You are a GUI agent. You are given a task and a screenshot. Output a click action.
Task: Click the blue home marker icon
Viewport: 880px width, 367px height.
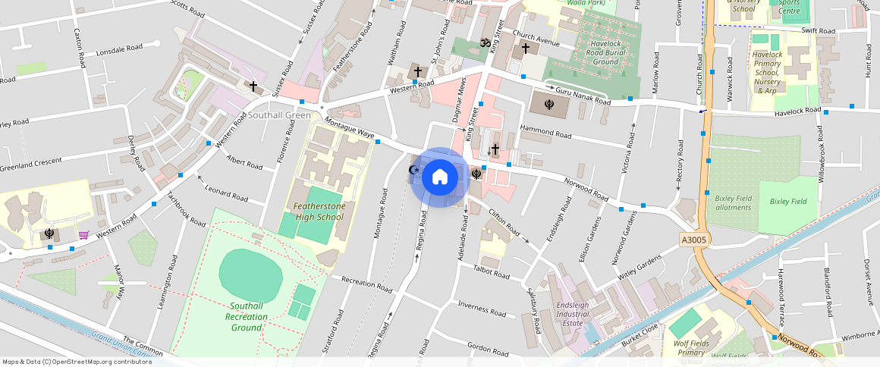[x=440, y=177]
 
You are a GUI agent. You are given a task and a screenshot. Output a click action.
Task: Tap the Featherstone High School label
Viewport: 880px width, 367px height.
[x=319, y=212]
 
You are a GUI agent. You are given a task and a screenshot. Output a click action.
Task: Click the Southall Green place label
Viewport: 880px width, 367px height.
[x=279, y=115]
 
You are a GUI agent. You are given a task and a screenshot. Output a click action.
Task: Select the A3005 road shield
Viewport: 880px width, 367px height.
[x=694, y=240]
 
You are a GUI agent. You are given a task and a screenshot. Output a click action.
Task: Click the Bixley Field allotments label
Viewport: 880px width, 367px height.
[x=733, y=202]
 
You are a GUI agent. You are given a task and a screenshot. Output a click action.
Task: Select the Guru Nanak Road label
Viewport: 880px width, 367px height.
[x=583, y=96]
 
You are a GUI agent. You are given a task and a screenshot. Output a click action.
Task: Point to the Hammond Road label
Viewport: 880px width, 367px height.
[x=545, y=132]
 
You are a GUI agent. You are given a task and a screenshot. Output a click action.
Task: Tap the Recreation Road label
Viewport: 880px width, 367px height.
[x=367, y=284]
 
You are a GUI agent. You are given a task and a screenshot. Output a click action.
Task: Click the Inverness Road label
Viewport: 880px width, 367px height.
[x=482, y=309]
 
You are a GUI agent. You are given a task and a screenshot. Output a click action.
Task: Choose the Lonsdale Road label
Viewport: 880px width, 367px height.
[x=120, y=52]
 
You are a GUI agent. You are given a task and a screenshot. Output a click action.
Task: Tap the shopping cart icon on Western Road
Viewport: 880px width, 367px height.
[x=83, y=235]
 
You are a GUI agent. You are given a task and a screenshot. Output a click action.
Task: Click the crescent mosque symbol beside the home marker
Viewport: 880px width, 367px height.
[x=414, y=170]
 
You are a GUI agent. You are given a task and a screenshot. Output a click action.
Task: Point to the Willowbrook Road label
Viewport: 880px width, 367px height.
[x=822, y=168]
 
